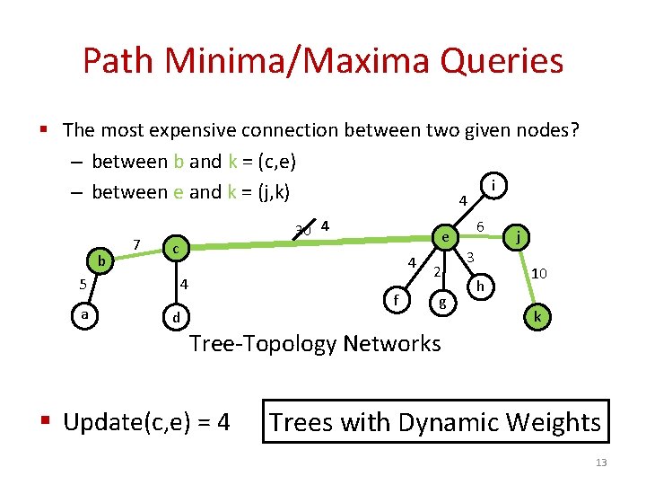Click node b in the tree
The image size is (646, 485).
point(102,261)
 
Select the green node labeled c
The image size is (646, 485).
point(177,247)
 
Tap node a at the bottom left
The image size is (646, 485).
point(84,315)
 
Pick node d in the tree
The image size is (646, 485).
point(177,317)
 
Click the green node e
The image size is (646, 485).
point(443,236)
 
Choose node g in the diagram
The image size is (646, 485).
point(441,304)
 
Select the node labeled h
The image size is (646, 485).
point(481,287)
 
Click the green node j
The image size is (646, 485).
point(519,238)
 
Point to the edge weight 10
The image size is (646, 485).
point(541,273)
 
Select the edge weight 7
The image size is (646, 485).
point(135,243)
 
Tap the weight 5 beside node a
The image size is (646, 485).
point(82,286)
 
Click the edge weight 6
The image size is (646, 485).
point(481,227)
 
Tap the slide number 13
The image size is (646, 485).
point(601,463)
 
